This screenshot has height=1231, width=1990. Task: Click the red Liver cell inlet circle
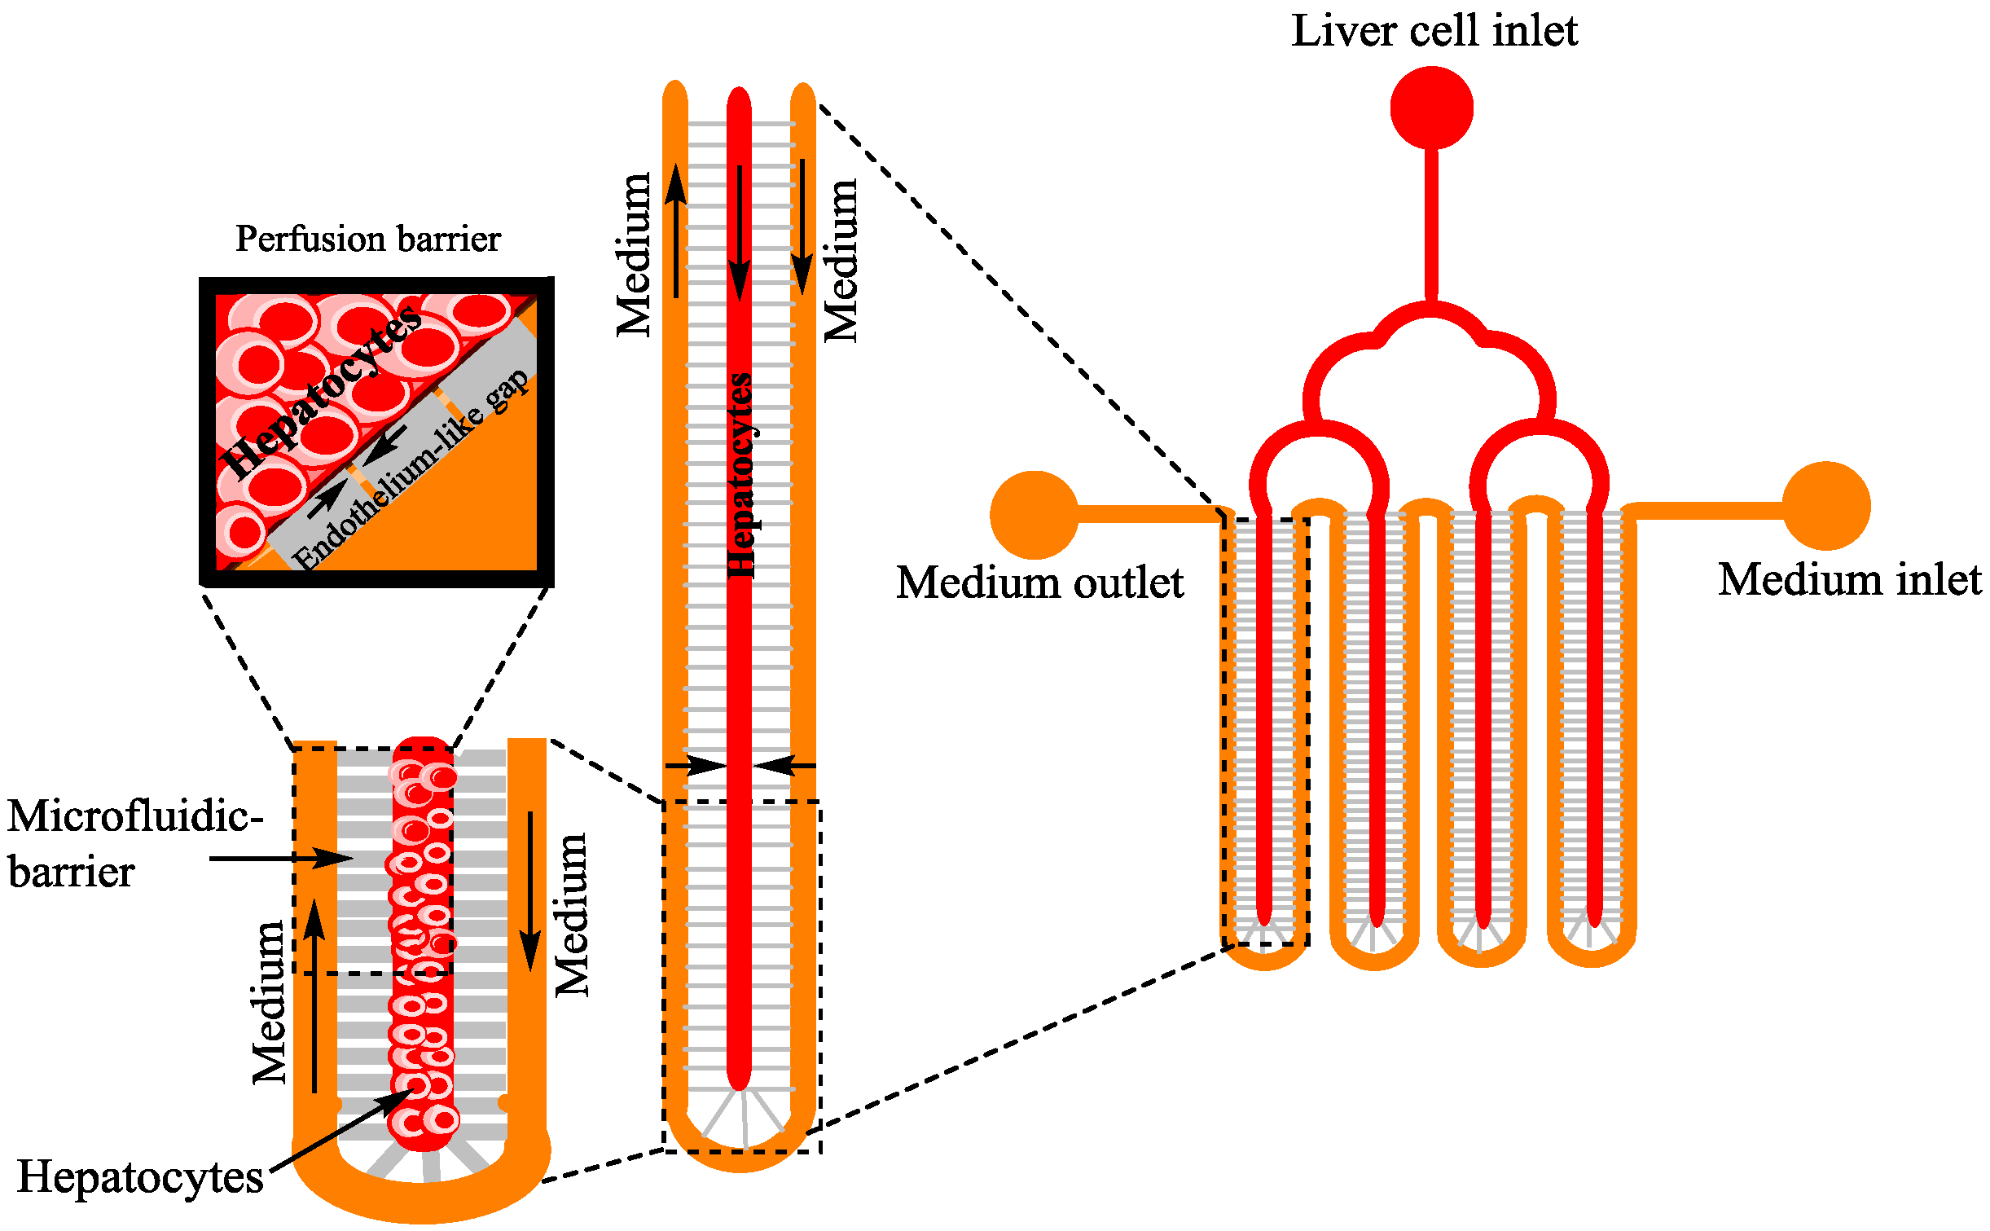[x=1431, y=108]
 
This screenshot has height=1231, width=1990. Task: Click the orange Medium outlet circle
[x=1034, y=515]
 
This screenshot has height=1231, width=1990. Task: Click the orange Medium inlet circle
[x=1825, y=506]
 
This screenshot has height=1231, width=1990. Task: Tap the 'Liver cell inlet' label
[x=1434, y=31]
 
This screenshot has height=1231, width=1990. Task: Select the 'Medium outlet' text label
[x=1039, y=583]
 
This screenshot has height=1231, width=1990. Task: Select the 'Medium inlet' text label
[x=1849, y=580]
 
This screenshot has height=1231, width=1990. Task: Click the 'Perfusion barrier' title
[x=367, y=240]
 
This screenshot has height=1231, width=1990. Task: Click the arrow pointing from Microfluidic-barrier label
[x=281, y=858]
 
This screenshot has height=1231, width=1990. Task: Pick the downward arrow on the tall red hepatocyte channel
[x=740, y=233]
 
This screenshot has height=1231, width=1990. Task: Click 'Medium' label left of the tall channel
[x=634, y=255]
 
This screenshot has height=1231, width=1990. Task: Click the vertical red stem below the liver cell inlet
[x=1431, y=224]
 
